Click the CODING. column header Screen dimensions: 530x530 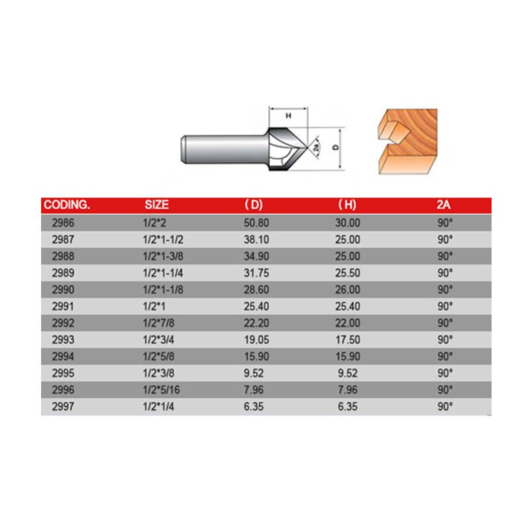[x=66, y=205]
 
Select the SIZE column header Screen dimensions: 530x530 [x=157, y=205]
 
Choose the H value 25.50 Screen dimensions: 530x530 [x=348, y=272]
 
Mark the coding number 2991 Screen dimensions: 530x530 [x=62, y=306]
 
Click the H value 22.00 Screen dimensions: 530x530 [x=348, y=323]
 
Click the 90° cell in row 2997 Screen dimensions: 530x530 [x=444, y=406]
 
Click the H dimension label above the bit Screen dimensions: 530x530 [x=288, y=115]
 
